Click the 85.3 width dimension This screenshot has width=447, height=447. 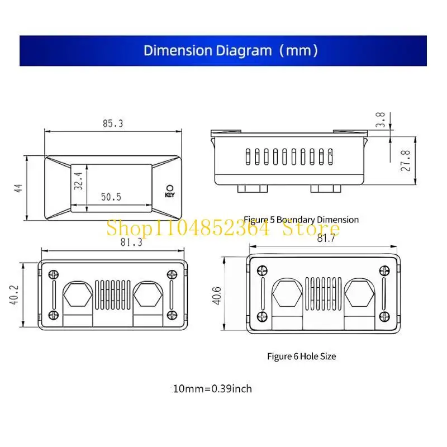coord(113,123)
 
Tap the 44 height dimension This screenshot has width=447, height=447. coord(18,188)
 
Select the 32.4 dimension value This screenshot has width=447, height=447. coord(78,180)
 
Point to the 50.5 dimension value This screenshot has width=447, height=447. coord(111,197)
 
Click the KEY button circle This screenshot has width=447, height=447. coord(170,188)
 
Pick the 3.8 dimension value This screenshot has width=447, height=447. coord(380,120)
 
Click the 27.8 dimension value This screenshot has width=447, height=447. coord(406,161)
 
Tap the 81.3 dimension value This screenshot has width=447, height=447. coord(131,242)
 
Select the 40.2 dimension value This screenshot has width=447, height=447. coord(15,295)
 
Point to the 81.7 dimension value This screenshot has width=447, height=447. coord(326,238)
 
